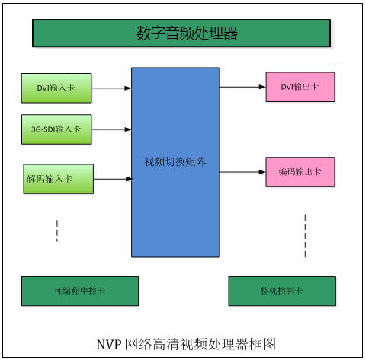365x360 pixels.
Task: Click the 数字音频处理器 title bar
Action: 181,33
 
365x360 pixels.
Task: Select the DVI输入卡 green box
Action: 56,88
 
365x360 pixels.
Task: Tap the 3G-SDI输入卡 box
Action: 56,129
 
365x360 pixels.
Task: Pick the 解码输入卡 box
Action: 59,179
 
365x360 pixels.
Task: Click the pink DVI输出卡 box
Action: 300,87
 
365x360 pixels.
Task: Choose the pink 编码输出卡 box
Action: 300,172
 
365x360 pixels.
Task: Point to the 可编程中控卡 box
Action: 80,291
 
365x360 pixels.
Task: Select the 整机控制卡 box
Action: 282,291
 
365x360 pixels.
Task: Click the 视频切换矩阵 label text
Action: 175,161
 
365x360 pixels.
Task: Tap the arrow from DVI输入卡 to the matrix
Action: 111,88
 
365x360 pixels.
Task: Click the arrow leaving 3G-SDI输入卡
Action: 111,129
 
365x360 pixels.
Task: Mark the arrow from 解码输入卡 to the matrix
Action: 114,179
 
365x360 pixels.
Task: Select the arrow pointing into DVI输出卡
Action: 243,87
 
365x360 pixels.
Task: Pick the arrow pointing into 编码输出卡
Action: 243,172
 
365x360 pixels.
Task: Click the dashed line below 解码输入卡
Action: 57,231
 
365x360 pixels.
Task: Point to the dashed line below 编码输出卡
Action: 305,236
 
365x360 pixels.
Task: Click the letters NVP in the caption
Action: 109,345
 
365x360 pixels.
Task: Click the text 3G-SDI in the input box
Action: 43,129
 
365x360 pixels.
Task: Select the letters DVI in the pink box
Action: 287,87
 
